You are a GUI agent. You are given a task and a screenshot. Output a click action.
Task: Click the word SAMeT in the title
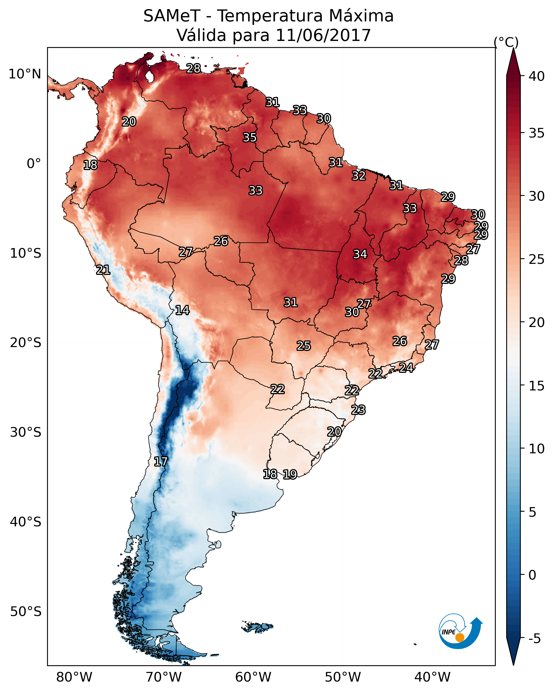tap(172, 16)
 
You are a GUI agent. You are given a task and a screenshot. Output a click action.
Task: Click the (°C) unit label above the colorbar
tap(506, 42)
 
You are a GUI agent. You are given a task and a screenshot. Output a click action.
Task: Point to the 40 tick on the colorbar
tap(537, 76)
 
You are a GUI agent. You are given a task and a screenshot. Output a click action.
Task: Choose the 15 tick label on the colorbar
tap(537, 386)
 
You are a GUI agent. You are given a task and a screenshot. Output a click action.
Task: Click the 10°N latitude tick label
tap(25, 74)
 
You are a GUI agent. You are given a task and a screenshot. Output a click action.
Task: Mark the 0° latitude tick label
tap(34, 164)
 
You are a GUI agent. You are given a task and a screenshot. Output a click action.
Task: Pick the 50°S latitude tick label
tap(26, 612)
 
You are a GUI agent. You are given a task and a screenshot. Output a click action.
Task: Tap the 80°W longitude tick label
tap(74, 677)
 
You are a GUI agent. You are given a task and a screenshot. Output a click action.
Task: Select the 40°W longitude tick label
tap(432, 677)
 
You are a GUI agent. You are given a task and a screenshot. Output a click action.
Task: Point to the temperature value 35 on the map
tap(250, 137)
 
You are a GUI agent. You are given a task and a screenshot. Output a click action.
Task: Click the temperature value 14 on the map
tap(182, 310)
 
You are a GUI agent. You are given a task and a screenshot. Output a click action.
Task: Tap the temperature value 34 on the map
tap(360, 254)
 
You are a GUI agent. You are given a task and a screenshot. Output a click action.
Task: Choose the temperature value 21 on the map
tap(103, 270)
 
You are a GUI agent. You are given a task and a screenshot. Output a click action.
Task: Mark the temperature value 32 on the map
tap(359, 176)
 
